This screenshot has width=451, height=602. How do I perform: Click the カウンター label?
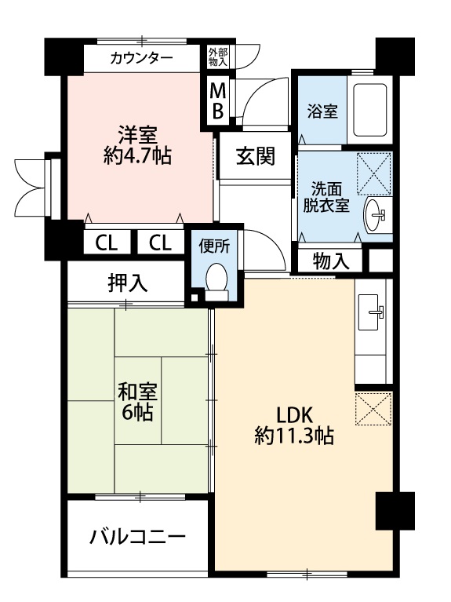141,58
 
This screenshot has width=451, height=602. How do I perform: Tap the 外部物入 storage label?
218,57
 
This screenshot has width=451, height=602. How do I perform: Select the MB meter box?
218,101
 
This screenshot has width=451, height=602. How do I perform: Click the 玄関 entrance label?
256,156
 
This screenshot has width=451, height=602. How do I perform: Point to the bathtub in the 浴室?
369,110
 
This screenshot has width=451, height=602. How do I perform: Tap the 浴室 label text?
322,111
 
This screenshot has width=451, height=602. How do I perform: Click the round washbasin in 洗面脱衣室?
375,215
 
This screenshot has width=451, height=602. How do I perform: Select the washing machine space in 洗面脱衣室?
374,173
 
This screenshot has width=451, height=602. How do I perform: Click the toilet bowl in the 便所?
216,278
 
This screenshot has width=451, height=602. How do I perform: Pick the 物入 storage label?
331,262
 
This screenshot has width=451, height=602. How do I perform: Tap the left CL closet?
107,243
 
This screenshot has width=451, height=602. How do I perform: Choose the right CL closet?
160,243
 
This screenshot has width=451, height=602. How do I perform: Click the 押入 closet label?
127,283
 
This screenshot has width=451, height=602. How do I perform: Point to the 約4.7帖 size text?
137,156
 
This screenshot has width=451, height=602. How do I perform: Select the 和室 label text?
137,392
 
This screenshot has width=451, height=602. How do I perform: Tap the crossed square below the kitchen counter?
373,408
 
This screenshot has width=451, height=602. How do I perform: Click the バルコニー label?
137,537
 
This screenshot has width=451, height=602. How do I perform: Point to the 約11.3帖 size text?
294,436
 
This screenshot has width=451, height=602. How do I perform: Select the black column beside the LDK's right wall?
395,511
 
